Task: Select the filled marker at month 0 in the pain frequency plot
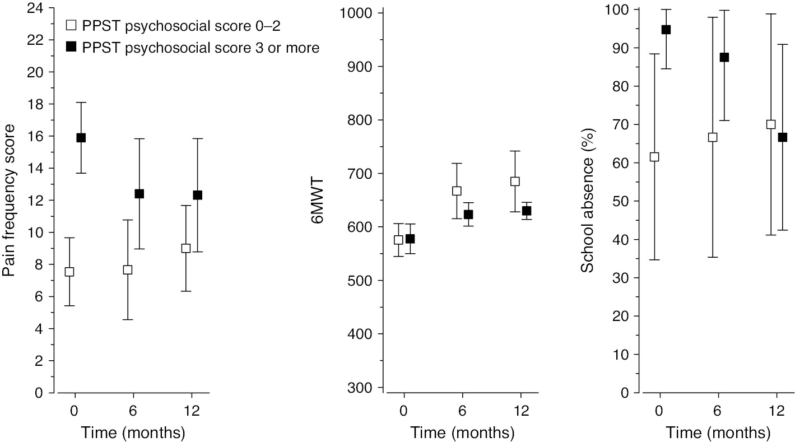click(x=81, y=138)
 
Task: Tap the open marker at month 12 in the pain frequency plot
click(x=186, y=248)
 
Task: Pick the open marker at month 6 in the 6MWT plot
click(x=457, y=191)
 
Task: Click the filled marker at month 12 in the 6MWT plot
click(x=526, y=211)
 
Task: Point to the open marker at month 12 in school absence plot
click(x=771, y=124)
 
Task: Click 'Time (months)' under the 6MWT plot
click(x=462, y=433)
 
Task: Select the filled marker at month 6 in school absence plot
click(x=724, y=57)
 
